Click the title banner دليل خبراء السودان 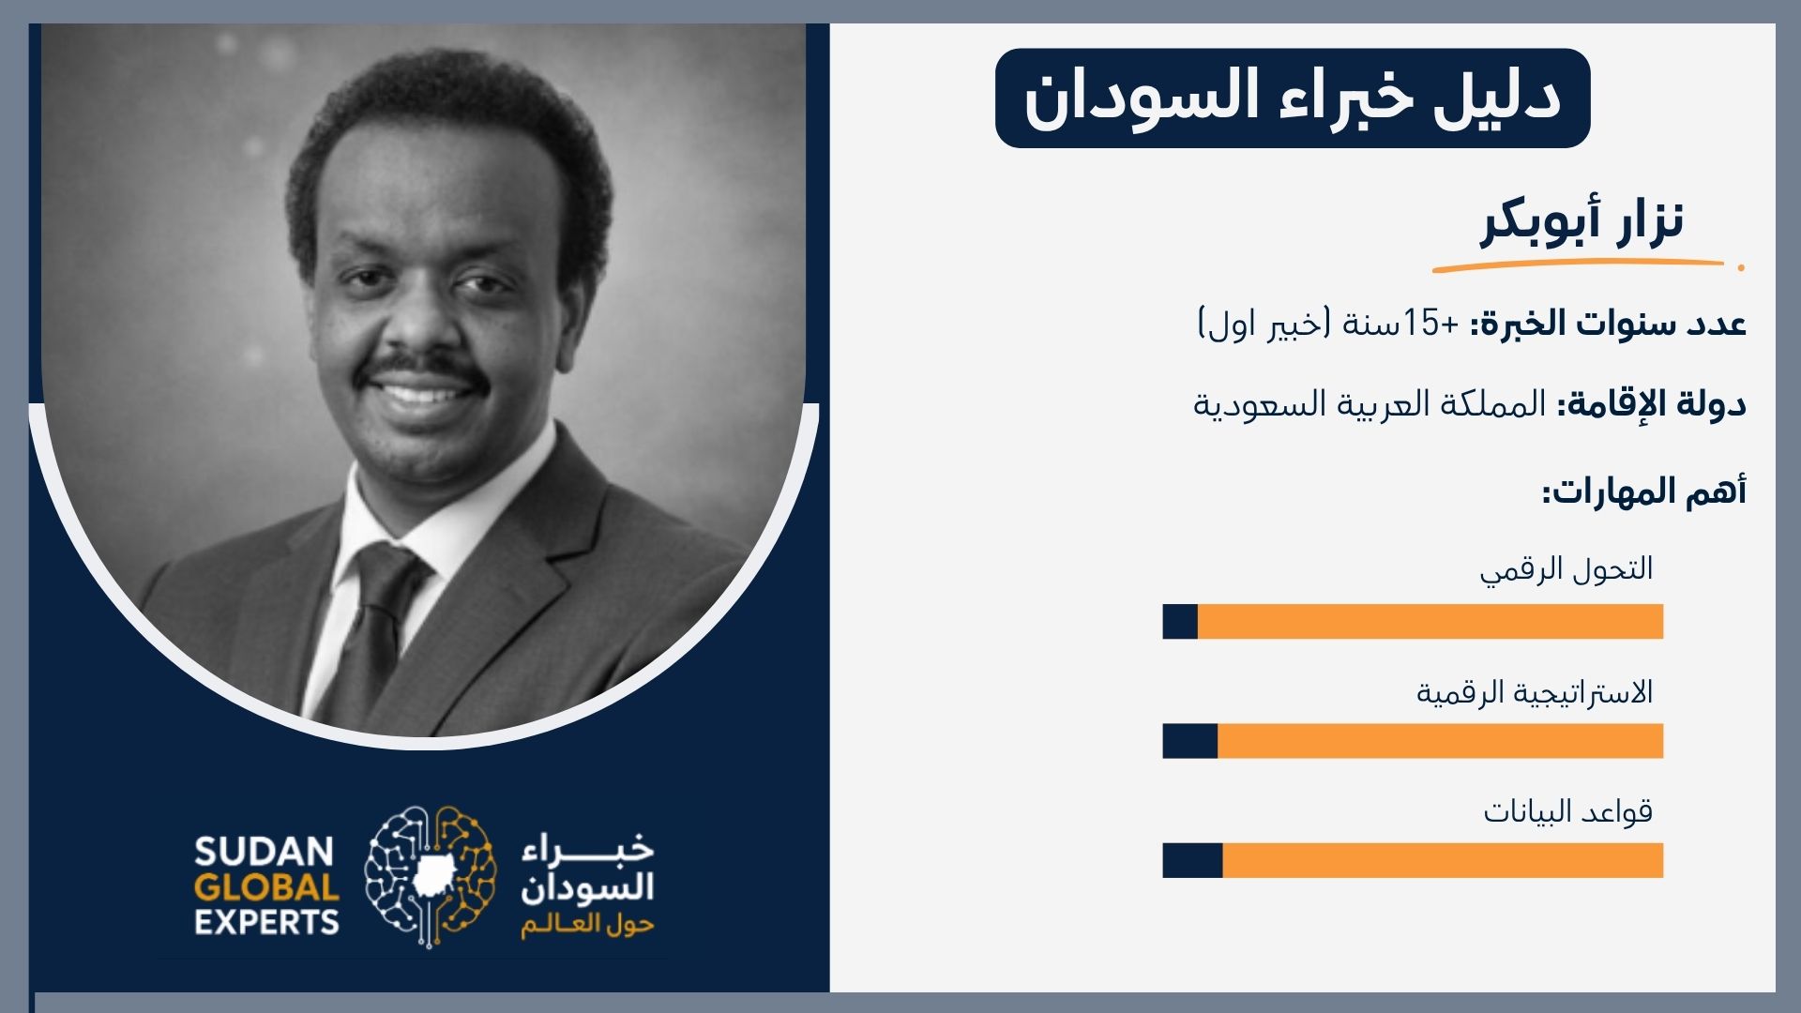[x=1293, y=98]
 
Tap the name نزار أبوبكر [x=1582, y=221]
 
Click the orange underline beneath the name [x=1579, y=266]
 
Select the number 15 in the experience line [x=1421, y=324]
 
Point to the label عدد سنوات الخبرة [x=1608, y=324]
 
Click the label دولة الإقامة [x=1652, y=404]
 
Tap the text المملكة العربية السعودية [x=1370, y=404]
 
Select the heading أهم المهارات [x=1644, y=491]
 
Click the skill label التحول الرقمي [x=1566, y=569]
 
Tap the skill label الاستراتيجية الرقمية [x=1535, y=692]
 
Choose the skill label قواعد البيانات [x=1568, y=811]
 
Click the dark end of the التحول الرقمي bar [x=1180, y=622]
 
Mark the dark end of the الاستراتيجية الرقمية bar [x=1190, y=741]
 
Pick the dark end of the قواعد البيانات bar [x=1193, y=861]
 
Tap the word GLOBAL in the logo [x=266, y=887]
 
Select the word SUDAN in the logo [x=265, y=852]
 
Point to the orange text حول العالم [x=588, y=925]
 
